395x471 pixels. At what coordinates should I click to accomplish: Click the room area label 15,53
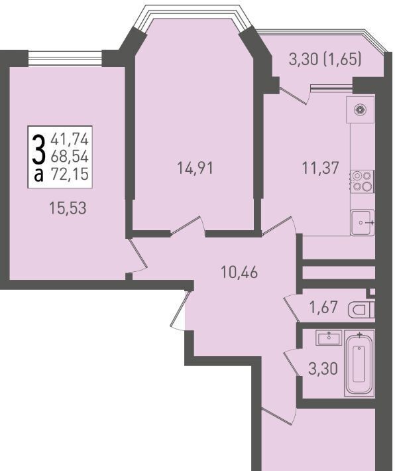(x=68, y=208)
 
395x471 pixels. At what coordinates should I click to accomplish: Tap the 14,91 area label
(x=195, y=168)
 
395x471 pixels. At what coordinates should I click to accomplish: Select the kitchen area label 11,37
(x=320, y=168)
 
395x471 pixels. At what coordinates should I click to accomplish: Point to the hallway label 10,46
(x=239, y=273)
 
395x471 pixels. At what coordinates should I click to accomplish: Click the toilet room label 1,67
(x=323, y=307)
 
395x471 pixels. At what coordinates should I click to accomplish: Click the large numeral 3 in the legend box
(x=38, y=149)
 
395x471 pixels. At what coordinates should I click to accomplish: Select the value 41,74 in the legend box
(x=70, y=139)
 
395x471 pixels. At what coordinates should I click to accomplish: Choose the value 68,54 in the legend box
(x=70, y=156)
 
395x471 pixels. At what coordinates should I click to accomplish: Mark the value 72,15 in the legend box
(x=70, y=174)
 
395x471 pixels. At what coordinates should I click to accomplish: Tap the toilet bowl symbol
(x=361, y=310)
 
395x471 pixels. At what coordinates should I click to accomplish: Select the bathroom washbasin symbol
(x=329, y=338)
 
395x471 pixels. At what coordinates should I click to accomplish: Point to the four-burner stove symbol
(x=362, y=181)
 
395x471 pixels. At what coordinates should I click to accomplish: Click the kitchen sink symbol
(x=363, y=222)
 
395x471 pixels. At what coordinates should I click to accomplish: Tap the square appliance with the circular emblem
(x=360, y=109)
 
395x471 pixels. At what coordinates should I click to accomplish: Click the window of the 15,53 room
(x=65, y=58)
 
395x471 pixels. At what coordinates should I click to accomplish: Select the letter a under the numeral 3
(x=38, y=175)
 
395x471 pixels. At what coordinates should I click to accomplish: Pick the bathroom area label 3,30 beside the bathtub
(x=323, y=369)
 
